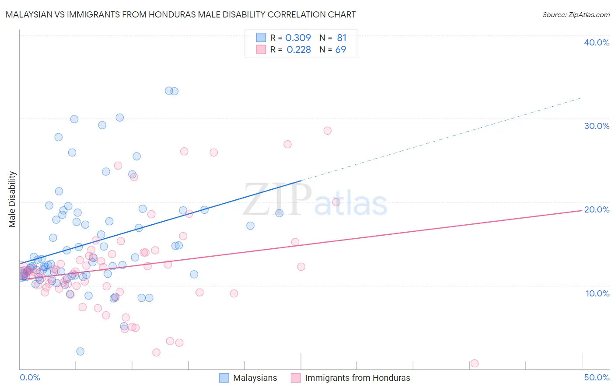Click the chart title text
(181, 14)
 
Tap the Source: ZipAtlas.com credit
(576, 14)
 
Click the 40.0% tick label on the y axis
(596, 42)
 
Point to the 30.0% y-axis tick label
(596, 126)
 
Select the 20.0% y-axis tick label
(596, 209)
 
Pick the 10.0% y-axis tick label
(597, 293)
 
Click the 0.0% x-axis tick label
(30, 377)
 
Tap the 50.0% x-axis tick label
(596, 377)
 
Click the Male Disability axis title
(12, 199)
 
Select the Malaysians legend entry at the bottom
(255, 378)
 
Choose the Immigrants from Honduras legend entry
(357, 378)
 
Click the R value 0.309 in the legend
(298, 38)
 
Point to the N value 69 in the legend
(340, 50)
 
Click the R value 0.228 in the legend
(299, 50)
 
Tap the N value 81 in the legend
(341, 38)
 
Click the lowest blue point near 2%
(80, 352)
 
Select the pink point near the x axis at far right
(474, 363)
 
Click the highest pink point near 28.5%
(327, 131)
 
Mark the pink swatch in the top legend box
(261, 49)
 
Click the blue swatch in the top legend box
(261, 38)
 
